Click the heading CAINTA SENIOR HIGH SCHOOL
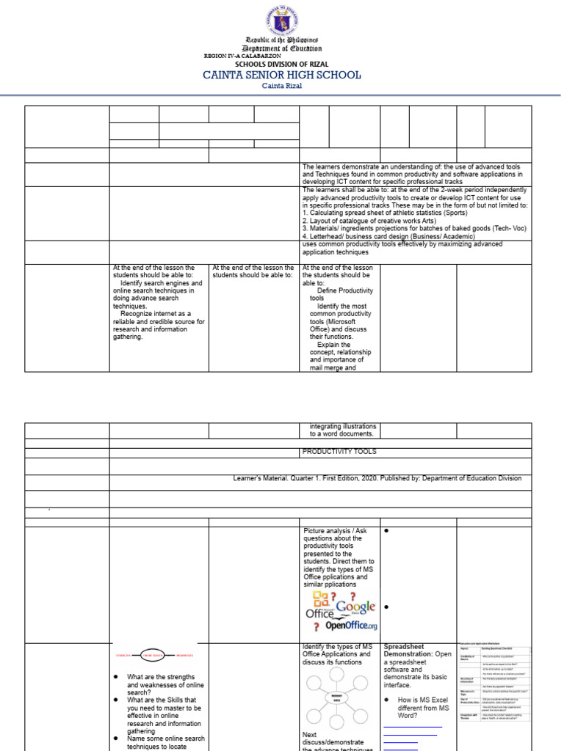(282, 75)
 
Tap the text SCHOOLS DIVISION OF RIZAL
(281, 65)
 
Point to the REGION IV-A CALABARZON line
(242, 56)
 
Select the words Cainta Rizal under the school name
(282, 86)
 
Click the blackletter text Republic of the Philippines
(282, 40)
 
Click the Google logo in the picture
(352, 607)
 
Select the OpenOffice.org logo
(350, 626)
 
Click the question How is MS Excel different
(423, 708)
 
